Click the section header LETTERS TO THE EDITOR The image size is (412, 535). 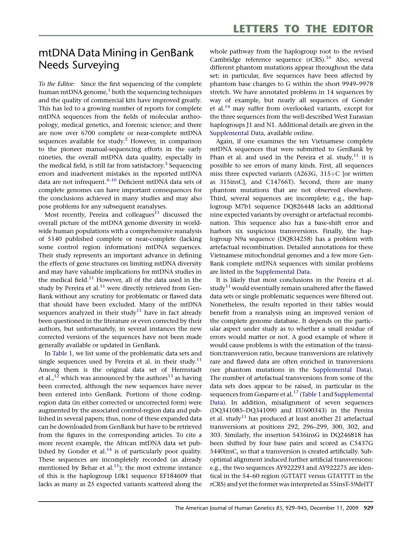(303, 29)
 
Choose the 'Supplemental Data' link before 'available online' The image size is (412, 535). (237, 133)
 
